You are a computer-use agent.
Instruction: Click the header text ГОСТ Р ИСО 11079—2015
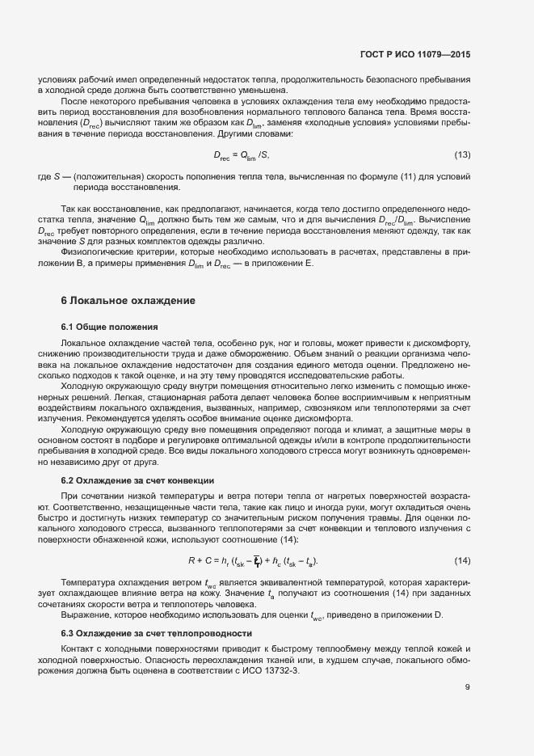(x=414, y=54)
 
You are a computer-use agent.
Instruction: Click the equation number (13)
(x=462, y=154)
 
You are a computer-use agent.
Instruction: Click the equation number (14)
(x=462, y=560)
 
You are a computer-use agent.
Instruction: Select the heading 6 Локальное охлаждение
(x=128, y=301)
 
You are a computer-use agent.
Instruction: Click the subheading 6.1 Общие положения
(x=109, y=327)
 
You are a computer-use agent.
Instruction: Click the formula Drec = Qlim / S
(x=241, y=154)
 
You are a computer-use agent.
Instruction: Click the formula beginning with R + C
(x=252, y=560)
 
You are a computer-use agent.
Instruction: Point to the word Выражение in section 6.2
(x=86, y=616)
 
